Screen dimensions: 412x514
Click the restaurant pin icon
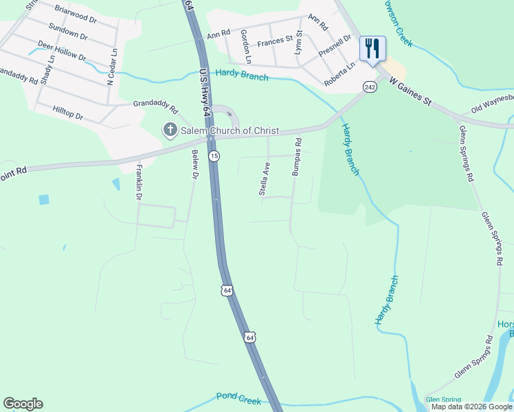372,49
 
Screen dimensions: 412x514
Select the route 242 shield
370,87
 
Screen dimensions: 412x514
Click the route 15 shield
214,156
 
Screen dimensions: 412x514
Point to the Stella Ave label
264,179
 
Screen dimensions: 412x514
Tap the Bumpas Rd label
297,158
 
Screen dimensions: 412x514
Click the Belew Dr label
194,167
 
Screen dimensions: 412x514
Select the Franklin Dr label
139,182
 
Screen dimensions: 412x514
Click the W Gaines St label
410,92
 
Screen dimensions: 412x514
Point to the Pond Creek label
239,398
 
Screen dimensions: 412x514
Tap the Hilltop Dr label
69,113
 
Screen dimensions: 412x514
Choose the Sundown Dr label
67,31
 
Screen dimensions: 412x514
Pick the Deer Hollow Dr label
62,51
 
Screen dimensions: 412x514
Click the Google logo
23,404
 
